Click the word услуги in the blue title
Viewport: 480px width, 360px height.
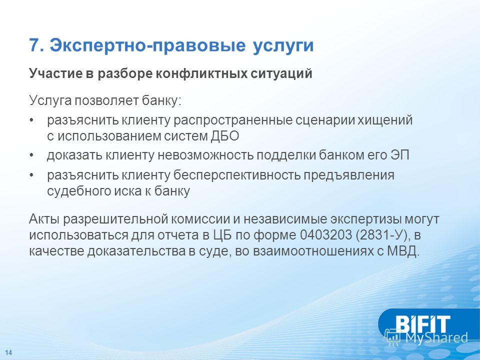pos(283,46)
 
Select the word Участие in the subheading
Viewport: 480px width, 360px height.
pos(55,74)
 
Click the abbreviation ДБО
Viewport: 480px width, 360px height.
pos(224,136)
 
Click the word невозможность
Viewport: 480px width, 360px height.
pos(205,155)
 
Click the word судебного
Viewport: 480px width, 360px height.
pos(79,191)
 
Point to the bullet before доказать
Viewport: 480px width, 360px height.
pos(31,155)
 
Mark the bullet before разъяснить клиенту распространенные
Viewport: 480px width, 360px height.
pos(31,120)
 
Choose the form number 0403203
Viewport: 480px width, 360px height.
pos(326,235)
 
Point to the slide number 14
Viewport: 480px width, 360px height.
pos(8,352)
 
